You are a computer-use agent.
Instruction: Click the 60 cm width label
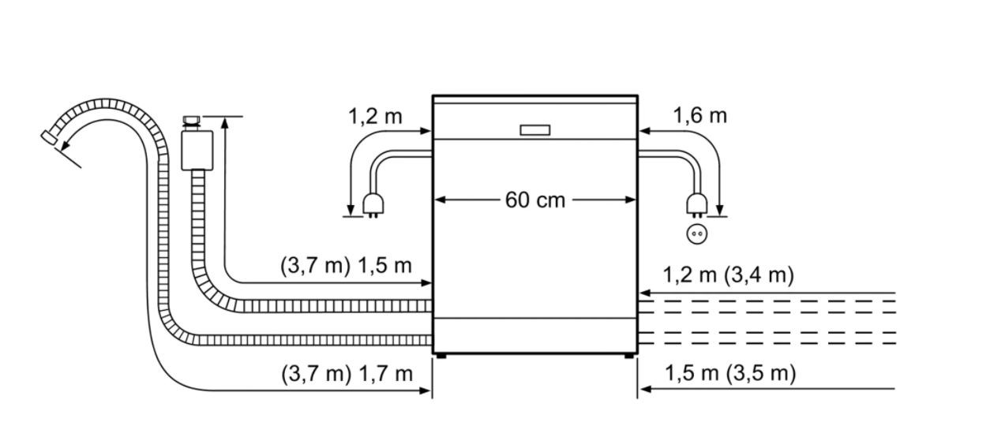click(534, 200)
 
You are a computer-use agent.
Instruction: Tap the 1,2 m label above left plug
click(375, 117)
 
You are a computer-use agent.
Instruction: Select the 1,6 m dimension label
click(699, 116)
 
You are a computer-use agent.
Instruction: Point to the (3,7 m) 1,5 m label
click(346, 266)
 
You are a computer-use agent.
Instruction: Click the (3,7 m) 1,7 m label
click(347, 374)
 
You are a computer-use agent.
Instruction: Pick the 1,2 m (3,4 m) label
click(729, 275)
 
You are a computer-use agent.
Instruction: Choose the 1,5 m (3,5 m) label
click(730, 373)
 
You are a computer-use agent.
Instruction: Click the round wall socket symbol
click(697, 233)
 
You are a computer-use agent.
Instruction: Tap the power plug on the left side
click(373, 206)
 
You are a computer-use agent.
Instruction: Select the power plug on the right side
click(697, 206)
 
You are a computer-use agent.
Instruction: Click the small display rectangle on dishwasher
click(534, 130)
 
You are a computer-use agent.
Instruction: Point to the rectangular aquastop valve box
click(197, 150)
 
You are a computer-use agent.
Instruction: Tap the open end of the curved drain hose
click(50, 136)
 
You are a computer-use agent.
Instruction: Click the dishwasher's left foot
click(441, 356)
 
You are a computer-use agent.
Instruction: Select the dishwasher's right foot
click(629, 356)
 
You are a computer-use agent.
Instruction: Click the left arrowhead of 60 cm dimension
click(440, 200)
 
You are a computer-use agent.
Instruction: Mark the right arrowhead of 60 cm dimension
click(630, 200)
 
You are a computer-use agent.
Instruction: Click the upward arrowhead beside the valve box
click(225, 123)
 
